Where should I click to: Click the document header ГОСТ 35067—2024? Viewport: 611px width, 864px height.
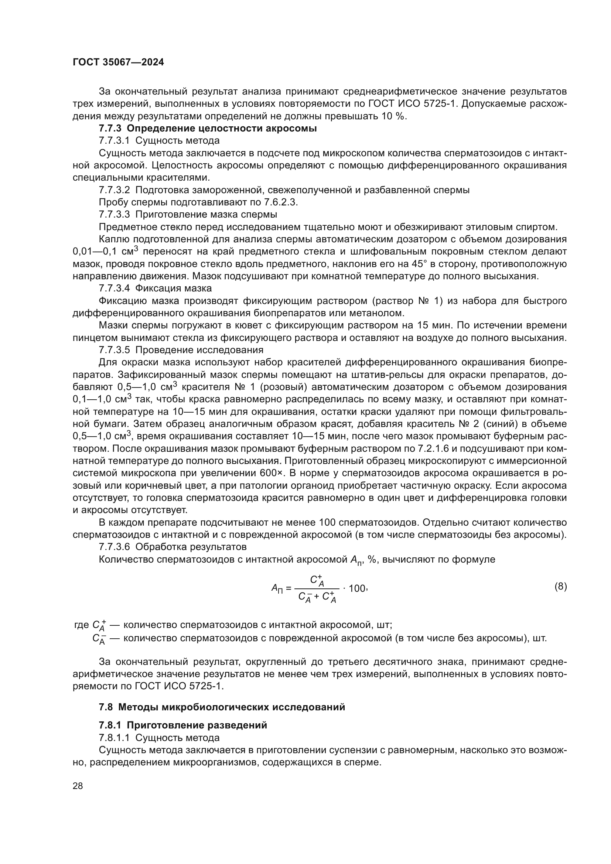coord(118,62)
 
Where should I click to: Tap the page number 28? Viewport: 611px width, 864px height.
coord(78,786)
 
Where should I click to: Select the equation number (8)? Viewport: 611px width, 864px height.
coord(561,586)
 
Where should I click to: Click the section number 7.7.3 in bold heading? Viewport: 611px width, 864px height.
coord(110,129)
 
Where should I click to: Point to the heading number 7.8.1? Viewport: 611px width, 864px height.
coord(110,725)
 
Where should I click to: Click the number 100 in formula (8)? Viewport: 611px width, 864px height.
coord(357,588)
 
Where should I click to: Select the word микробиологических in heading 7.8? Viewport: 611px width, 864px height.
coord(216,707)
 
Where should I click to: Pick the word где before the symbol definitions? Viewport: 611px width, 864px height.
coord(81,625)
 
